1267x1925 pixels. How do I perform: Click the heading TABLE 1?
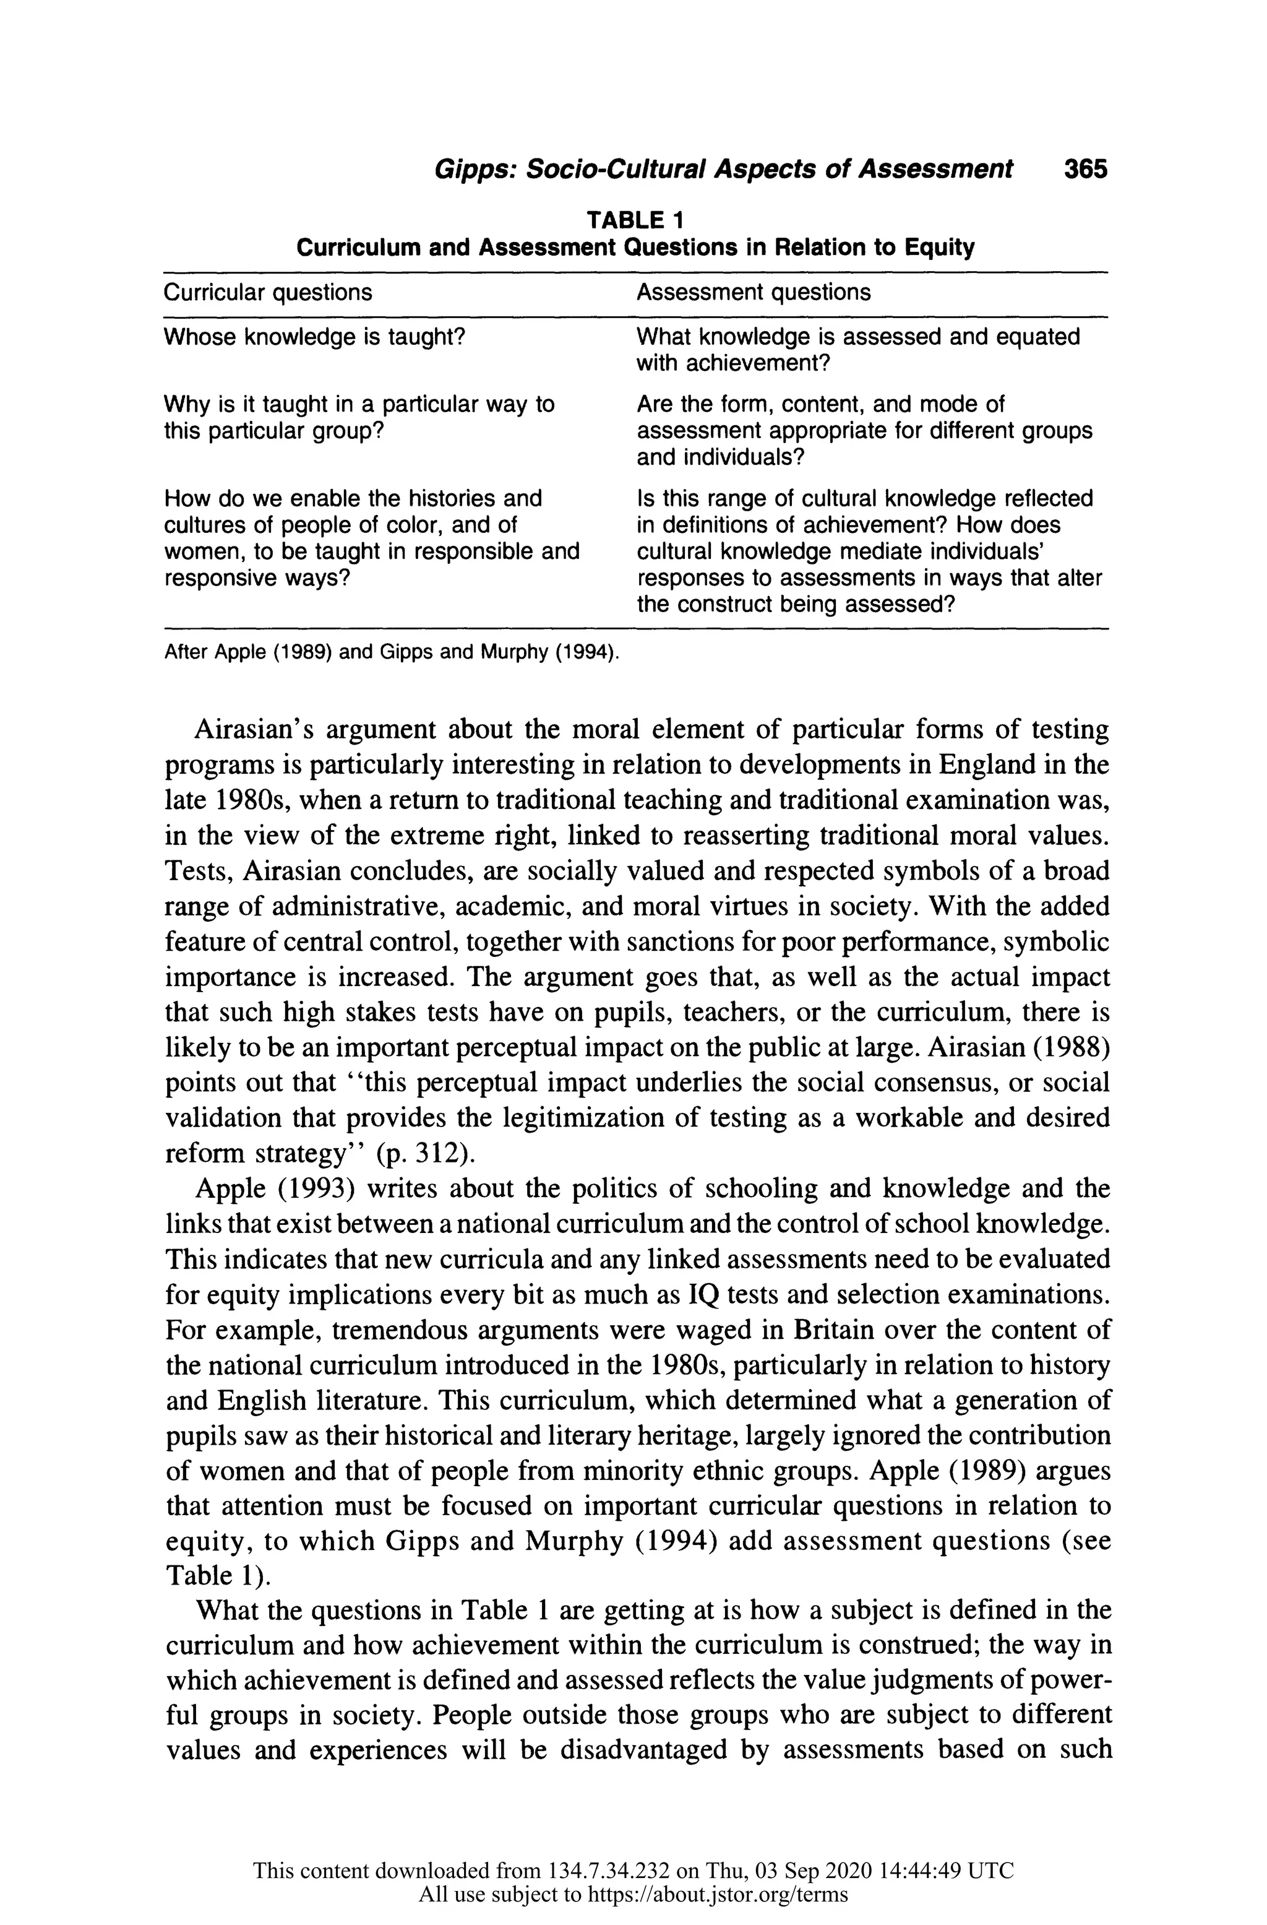coord(635,219)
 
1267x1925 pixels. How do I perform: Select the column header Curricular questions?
coord(268,292)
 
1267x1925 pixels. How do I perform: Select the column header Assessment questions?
coord(753,292)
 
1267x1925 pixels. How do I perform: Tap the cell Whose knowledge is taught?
coord(314,337)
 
